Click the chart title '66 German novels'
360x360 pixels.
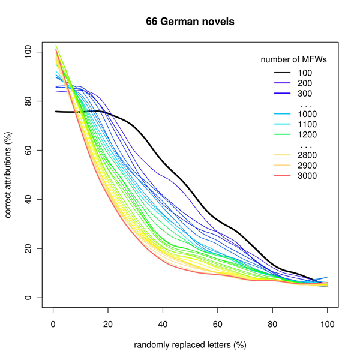190,22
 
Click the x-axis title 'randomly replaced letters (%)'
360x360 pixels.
190,345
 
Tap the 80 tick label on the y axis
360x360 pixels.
27,101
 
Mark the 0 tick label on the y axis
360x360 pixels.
27,298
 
